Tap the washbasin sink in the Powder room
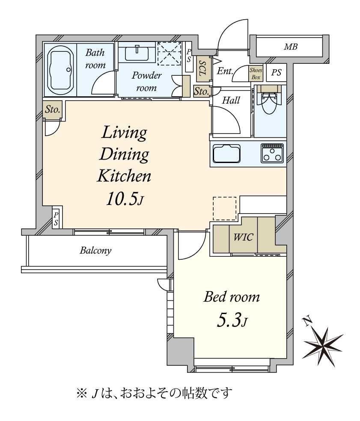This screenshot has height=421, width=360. tap(137, 53)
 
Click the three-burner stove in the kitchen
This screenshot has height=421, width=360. tap(272, 153)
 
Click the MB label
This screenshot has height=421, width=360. tap(291, 47)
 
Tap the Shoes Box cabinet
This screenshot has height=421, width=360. tap(256, 74)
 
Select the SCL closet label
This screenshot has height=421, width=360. tap(202, 68)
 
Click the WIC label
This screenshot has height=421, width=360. tap(243, 237)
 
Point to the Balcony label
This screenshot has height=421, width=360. tap(95, 251)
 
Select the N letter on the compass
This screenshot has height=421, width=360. tap(307, 321)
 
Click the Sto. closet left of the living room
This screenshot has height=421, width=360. tap(52, 110)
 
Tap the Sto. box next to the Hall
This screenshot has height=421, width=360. tap(201, 91)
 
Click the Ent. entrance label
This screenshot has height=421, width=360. tap(225, 71)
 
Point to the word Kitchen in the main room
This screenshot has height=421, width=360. tap(124, 176)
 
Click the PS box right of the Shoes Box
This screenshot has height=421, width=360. tap(276, 72)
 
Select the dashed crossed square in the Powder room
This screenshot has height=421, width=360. tap(170, 54)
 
